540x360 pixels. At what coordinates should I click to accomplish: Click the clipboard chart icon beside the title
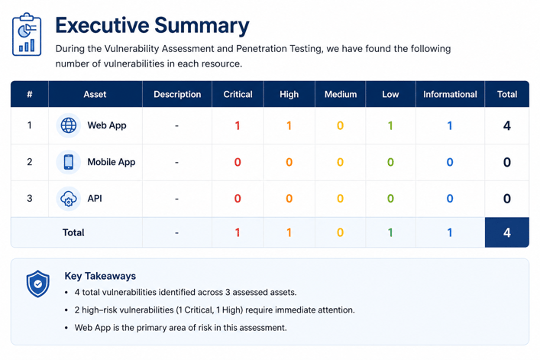pyautogui.click(x=27, y=34)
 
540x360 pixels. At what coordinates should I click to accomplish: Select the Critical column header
pyautogui.click(x=238, y=94)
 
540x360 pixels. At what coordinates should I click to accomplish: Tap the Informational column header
pyautogui.click(x=450, y=94)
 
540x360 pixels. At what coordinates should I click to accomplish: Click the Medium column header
pyautogui.click(x=340, y=94)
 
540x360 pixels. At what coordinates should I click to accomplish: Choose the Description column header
pyautogui.click(x=177, y=94)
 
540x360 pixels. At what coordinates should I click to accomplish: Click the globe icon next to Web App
pyautogui.click(x=69, y=125)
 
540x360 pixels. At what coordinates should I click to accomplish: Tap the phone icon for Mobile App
pyautogui.click(x=69, y=162)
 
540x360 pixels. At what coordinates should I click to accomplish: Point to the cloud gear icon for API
pyautogui.click(x=69, y=199)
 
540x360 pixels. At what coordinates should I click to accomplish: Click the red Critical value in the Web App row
pyautogui.click(x=238, y=126)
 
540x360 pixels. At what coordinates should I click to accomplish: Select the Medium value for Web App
pyautogui.click(x=340, y=126)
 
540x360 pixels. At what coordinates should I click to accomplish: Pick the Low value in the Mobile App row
pyautogui.click(x=390, y=162)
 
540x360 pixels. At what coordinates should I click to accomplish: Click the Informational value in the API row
pyautogui.click(x=450, y=199)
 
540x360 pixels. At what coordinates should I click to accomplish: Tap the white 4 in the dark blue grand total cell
pyautogui.click(x=507, y=232)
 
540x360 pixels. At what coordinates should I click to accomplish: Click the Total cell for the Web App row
pyautogui.click(x=507, y=126)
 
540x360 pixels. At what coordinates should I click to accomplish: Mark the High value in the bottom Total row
pyautogui.click(x=289, y=232)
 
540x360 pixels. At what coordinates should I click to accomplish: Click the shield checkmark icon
pyautogui.click(x=38, y=284)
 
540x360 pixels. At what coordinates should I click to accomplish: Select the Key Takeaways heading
pyautogui.click(x=100, y=276)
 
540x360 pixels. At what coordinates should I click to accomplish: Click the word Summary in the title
pyautogui.click(x=202, y=26)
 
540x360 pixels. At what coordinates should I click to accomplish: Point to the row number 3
pyautogui.click(x=30, y=199)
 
